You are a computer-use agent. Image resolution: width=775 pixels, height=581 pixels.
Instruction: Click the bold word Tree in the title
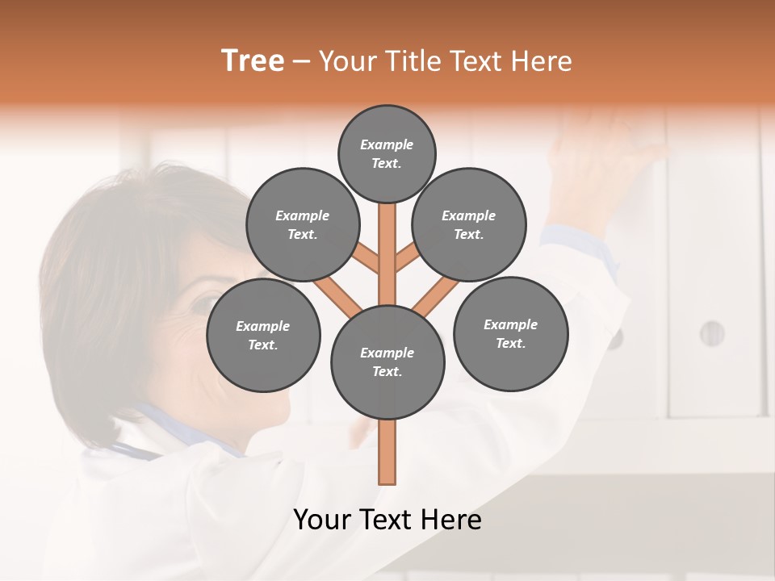coord(253,61)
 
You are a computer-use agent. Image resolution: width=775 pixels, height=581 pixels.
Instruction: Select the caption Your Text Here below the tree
coord(387,520)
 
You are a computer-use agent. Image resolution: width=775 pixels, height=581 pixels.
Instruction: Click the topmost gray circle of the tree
coord(387,153)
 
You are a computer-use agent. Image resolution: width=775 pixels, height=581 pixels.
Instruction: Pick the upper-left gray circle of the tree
coord(302,224)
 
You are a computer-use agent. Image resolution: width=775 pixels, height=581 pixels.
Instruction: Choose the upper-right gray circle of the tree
coord(468,224)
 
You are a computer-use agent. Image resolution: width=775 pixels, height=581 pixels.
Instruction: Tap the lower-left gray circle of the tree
coord(263,335)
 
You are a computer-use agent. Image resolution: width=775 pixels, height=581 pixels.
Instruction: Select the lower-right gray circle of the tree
coord(510,333)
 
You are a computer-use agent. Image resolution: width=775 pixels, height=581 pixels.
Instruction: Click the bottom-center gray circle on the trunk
coord(387,362)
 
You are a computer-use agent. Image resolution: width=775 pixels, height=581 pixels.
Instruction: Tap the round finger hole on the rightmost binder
coord(711,332)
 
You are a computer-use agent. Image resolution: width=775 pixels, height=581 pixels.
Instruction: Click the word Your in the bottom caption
coord(322,520)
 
